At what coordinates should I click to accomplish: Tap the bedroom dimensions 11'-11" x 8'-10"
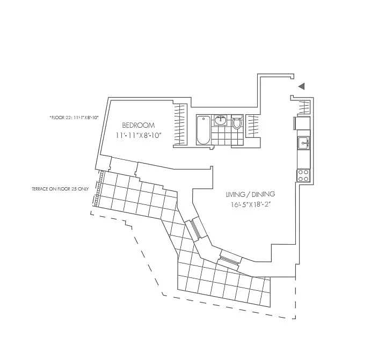coord(139,136)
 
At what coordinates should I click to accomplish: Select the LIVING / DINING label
coord(243,195)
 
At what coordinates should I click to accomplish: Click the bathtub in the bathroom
coord(203,130)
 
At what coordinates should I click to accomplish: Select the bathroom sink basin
coord(221,120)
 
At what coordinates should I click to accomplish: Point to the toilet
coord(237,123)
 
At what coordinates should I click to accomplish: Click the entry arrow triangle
coord(302,86)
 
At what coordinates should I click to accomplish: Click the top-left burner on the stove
coord(301,171)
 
